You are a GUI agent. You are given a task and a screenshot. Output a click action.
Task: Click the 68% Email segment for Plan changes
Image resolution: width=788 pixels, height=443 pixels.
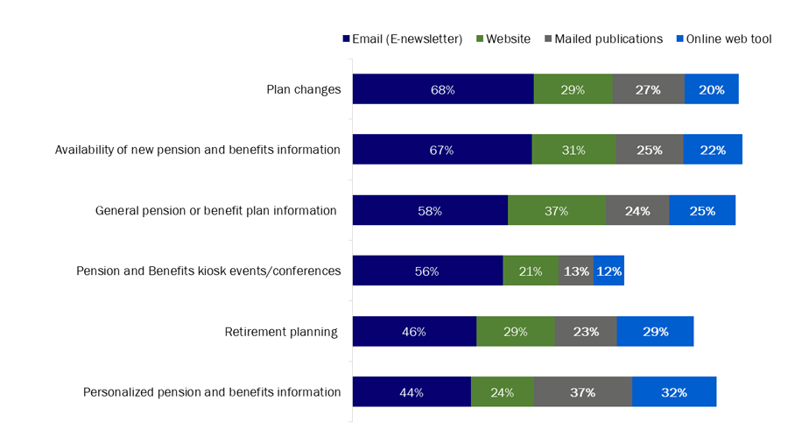tap(443, 89)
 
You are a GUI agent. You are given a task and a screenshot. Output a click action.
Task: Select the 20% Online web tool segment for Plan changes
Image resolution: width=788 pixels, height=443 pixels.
tap(711, 89)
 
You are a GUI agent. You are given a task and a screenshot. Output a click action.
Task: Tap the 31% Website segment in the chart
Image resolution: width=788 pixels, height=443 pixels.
tap(573, 150)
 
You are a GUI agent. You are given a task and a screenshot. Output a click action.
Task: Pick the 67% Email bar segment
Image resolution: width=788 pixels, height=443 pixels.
tap(442, 150)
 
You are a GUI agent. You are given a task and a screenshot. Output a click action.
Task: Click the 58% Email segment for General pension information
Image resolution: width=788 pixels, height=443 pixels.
tap(430, 211)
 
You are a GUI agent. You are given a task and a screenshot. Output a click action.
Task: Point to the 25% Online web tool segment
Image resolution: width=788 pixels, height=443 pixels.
tap(702, 211)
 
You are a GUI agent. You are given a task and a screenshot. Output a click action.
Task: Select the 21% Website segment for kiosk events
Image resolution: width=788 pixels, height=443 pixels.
tap(531, 271)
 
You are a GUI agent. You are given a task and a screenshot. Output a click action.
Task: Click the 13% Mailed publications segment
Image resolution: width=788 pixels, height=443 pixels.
tap(575, 271)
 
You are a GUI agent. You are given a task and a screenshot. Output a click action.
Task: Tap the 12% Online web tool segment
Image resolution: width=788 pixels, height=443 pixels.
tap(609, 271)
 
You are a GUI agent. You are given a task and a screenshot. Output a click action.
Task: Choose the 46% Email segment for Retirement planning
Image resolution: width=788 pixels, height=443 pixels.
tap(414, 332)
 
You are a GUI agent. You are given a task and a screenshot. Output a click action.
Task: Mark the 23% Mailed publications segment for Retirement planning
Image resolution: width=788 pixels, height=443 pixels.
tap(586, 332)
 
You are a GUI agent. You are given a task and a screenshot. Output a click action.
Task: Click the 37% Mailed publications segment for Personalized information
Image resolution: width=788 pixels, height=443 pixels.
tap(582, 392)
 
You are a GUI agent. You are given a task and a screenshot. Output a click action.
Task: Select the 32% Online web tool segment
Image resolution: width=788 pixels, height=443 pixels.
tap(674, 392)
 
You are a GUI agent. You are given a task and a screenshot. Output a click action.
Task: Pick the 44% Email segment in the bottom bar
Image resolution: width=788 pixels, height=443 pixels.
tap(412, 392)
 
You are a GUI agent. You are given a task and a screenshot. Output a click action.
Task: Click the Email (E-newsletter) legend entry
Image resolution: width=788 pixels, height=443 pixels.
tap(402, 39)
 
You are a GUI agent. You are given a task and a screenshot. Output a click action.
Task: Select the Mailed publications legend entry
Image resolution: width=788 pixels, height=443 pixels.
tap(604, 39)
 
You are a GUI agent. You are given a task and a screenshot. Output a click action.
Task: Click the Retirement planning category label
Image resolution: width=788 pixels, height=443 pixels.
tap(281, 332)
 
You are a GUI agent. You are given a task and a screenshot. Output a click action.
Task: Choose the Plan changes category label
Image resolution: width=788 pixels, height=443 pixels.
tap(303, 89)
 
